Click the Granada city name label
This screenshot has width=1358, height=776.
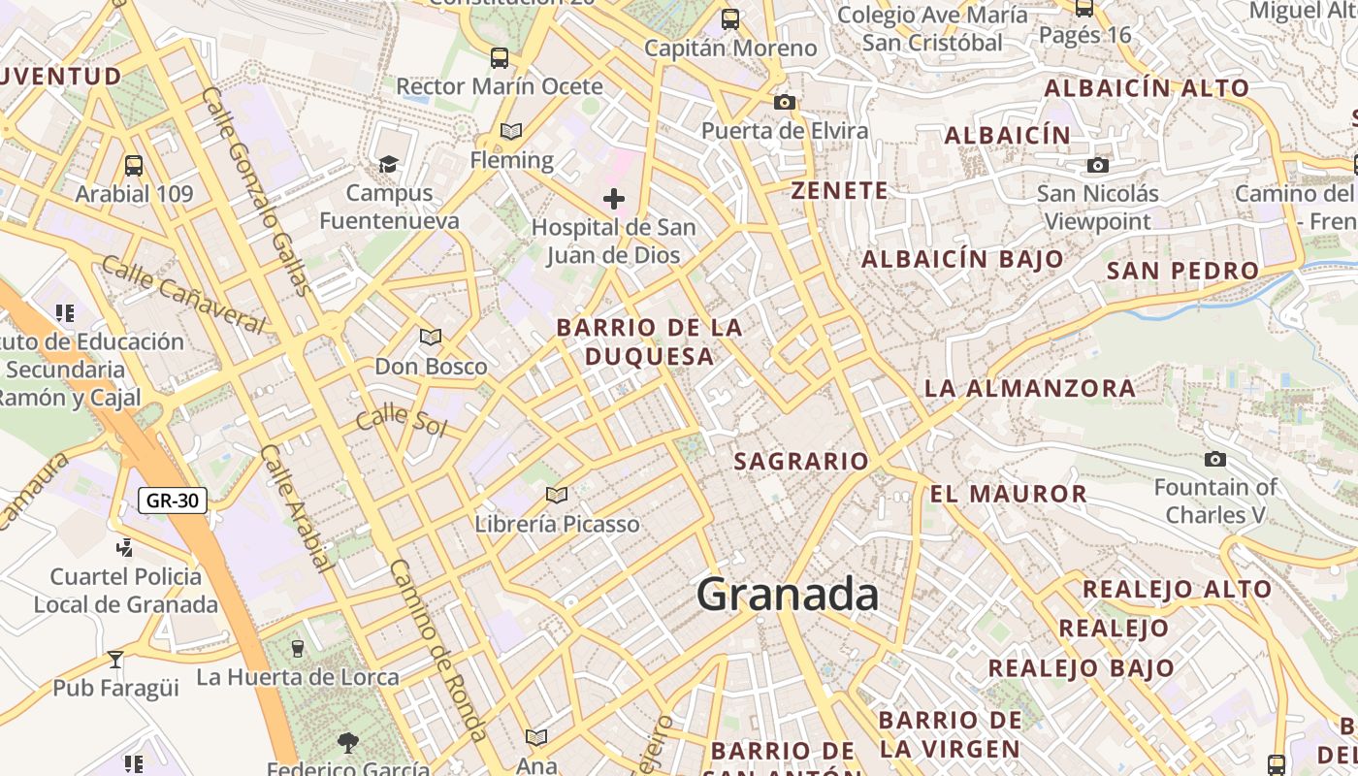point(788,594)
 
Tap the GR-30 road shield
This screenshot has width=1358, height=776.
point(173,501)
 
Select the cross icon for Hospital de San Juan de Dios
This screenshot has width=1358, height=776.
point(613,200)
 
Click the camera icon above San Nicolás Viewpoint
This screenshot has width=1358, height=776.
point(1098,165)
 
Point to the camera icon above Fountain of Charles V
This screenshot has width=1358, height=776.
point(1214,459)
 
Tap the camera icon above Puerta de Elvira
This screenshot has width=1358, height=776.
point(784,102)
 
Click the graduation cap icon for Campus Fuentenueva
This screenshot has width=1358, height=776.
point(389,164)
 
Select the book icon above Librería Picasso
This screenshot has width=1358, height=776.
point(557,496)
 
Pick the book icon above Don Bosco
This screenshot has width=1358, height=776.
point(431,338)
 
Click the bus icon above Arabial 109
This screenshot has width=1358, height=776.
point(134,166)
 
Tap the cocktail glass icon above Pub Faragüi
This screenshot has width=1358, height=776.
point(115,660)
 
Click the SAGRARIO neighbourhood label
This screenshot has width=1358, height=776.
point(801,461)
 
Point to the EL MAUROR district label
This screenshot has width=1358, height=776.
point(1008,494)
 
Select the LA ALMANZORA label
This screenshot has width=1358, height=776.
point(1029,388)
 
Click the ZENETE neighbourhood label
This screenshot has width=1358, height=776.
point(839,191)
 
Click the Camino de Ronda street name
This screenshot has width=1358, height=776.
point(437,650)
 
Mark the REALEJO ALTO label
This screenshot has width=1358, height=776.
point(1177,589)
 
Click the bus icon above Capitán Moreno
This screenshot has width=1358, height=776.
point(730,18)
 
